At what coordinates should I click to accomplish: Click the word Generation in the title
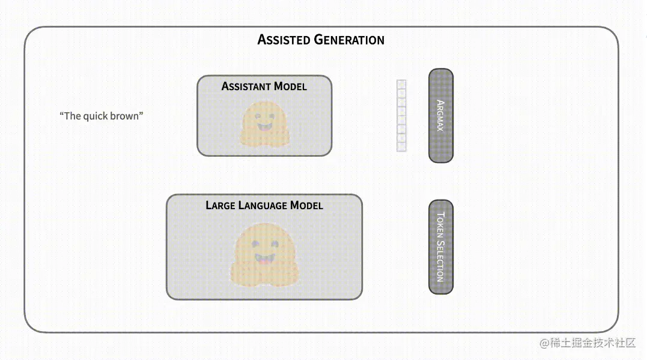pyautogui.click(x=349, y=40)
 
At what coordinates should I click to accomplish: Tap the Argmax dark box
pyautogui.click(x=440, y=115)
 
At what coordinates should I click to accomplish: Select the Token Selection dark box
pyautogui.click(x=440, y=246)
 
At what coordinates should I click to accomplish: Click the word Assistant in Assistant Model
pyautogui.click(x=246, y=87)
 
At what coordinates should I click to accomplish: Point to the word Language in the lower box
pyautogui.click(x=263, y=206)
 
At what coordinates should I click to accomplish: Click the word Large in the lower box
pyautogui.click(x=220, y=206)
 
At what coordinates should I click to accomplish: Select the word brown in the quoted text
pyautogui.click(x=125, y=116)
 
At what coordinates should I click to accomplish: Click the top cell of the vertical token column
pyautogui.click(x=402, y=85)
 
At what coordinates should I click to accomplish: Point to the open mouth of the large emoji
pyautogui.click(x=263, y=259)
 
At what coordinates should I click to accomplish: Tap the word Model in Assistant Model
pyautogui.click(x=290, y=87)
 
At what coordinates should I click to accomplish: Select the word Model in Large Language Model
pyautogui.click(x=306, y=206)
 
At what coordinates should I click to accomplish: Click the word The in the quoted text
pyautogui.click(x=71, y=116)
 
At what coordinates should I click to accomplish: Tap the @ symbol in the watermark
pyautogui.click(x=544, y=343)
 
